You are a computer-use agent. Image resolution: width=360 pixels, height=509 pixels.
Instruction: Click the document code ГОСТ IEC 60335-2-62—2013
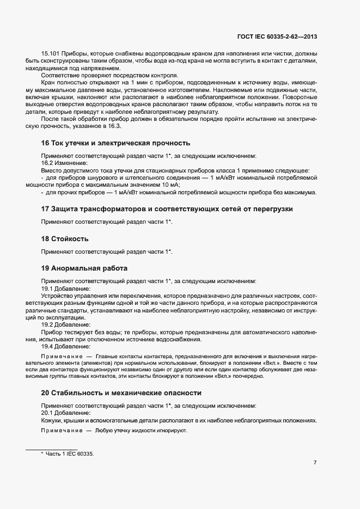(x=277, y=37)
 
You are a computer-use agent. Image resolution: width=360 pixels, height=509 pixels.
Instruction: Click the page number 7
(x=315, y=463)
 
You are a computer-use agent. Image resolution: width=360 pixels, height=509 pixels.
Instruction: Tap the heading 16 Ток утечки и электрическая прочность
(x=115, y=143)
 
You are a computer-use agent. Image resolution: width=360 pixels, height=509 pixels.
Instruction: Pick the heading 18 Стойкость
(x=65, y=238)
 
